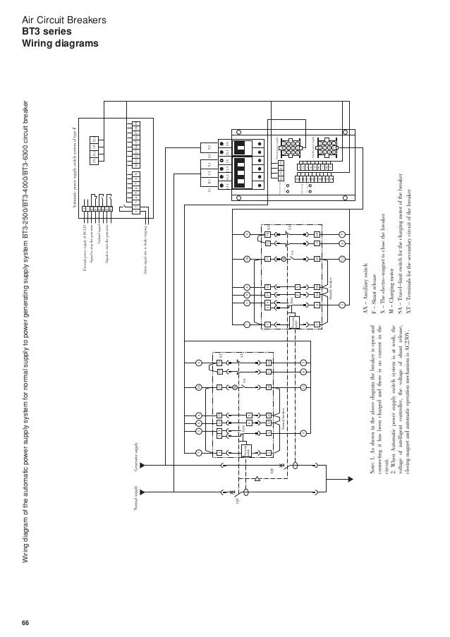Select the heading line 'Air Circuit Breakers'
click(64, 21)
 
